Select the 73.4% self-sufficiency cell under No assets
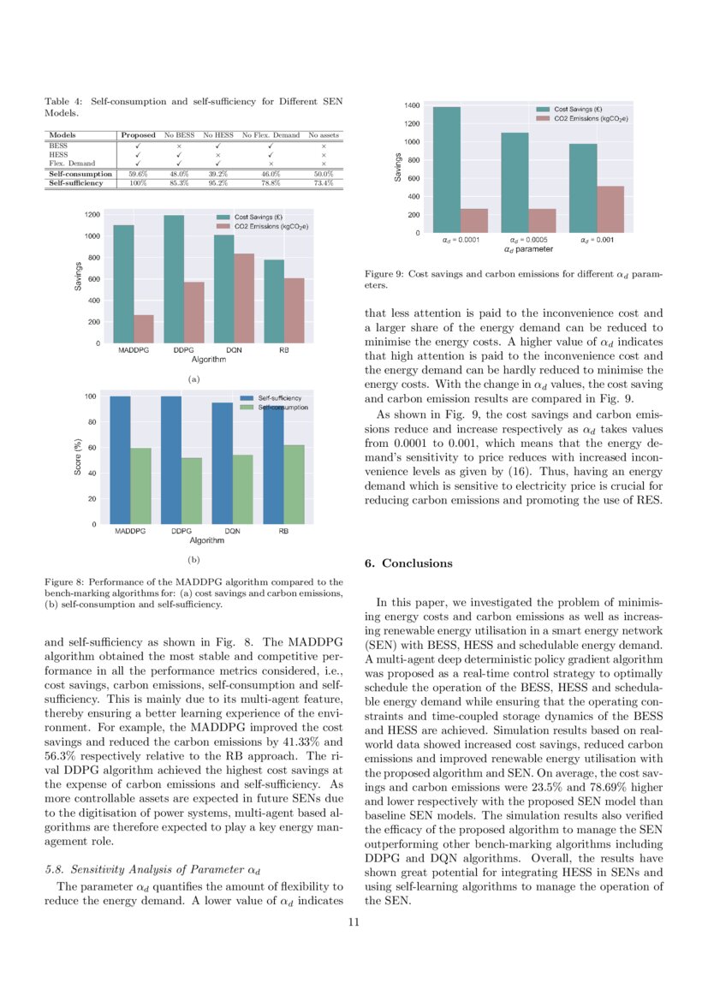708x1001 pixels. [323, 182]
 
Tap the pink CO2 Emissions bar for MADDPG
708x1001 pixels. [144, 329]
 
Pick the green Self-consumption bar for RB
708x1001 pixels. [294, 484]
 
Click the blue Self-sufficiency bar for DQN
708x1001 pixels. [222, 462]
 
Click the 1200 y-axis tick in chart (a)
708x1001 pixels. [92, 214]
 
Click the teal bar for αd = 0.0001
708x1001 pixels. [446, 170]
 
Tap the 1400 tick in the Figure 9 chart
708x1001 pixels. [411, 105]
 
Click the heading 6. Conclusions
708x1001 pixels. [408, 563]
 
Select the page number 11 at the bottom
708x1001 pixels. [354, 922]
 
